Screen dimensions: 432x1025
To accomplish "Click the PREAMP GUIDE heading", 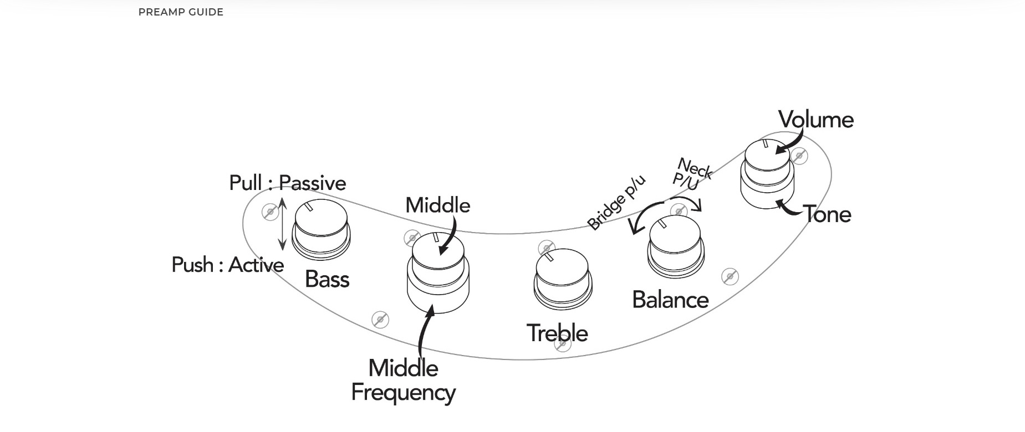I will coord(181,12).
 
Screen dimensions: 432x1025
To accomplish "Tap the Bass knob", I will coord(321,228).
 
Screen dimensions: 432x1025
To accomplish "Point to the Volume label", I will coord(815,120).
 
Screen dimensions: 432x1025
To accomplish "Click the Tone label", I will coord(827,214).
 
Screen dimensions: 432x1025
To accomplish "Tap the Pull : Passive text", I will coord(288,183).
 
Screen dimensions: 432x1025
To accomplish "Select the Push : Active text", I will coord(228,265).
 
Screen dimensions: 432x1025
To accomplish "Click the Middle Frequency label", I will coord(404,380).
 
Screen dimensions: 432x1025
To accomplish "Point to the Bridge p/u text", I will coord(616,203).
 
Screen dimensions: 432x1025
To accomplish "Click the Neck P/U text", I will coord(691,173).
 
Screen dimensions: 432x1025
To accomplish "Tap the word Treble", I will coord(557,333).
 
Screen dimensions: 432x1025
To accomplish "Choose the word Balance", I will coord(670,300).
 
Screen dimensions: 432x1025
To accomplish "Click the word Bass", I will coord(327,279).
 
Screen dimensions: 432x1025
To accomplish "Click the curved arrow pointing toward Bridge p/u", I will coord(643,218).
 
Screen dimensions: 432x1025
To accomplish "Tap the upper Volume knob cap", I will coord(768,157).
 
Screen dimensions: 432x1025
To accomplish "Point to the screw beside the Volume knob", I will coord(799,156).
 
